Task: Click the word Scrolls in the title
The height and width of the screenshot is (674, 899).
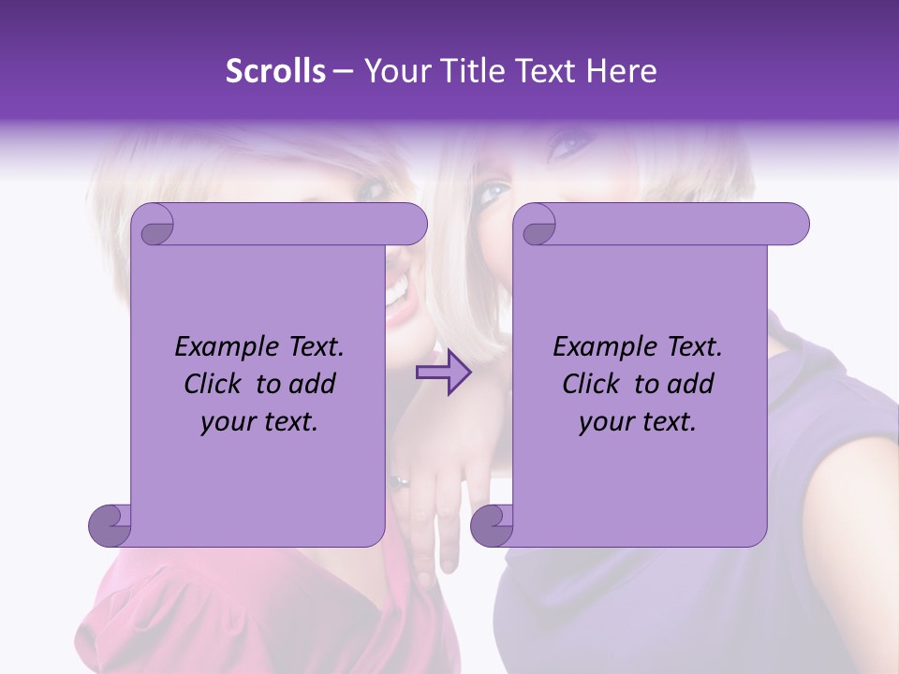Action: (x=275, y=71)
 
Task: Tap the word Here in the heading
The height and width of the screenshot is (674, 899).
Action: (x=620, y=71)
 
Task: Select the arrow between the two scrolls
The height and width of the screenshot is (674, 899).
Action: (x=444, y=373)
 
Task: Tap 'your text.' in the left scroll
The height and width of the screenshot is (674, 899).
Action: (x=259, y=422)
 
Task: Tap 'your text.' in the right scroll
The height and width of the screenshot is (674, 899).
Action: (x=638, y=422)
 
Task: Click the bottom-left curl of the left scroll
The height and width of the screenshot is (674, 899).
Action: (x=110, y=525)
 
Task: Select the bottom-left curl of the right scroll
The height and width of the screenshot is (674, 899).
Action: (x=492, y=525)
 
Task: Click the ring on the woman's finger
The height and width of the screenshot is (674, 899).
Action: (x=400, y=482)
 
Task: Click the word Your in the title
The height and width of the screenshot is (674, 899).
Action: (x=392, y=71)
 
